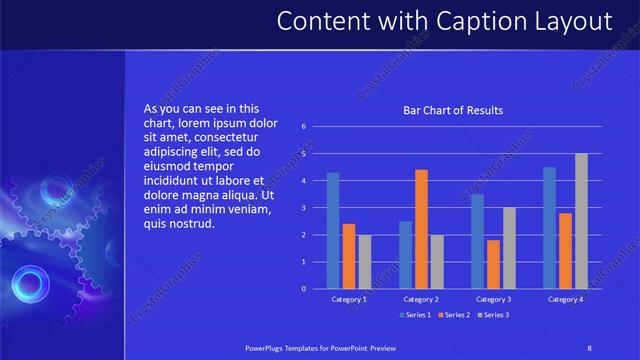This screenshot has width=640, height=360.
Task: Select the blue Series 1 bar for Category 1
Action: click(333, 230)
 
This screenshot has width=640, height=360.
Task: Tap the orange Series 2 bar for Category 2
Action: click(421, 229)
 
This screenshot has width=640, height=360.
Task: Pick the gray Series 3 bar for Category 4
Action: click(581, 220)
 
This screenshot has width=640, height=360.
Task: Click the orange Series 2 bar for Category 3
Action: click(493, 264)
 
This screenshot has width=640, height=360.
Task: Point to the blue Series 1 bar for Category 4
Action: click(549, 227)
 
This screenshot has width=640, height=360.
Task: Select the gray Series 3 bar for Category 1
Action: click(365, 261)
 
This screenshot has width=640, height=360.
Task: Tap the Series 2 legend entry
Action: click(454, 315)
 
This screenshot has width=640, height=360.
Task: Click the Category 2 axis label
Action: click(421, 299)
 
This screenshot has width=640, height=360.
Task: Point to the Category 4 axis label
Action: click(565, 299)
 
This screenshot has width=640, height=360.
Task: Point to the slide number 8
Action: click(589, 347)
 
